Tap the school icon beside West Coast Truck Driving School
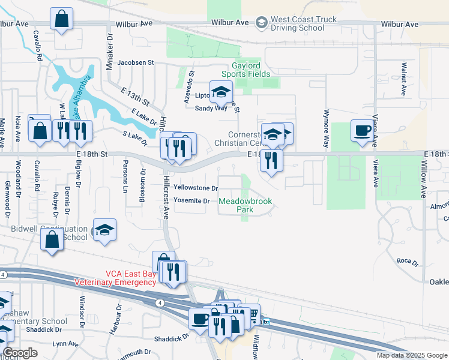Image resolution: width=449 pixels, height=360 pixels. [261, 23]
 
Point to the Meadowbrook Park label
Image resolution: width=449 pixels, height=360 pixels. [244, 205]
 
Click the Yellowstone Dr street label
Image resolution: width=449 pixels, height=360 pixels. [195, 188]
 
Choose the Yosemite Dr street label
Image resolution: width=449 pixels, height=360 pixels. [191, 200]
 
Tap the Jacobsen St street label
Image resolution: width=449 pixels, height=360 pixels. [136, 62]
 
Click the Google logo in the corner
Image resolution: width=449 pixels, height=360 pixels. [20, 353]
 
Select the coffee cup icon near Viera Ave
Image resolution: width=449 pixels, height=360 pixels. [362, 131]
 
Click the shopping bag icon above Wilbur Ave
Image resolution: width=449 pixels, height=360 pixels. [61, 19]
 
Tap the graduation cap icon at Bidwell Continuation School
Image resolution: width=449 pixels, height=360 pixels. [104, 230]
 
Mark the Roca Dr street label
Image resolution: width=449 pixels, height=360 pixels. [406, 260]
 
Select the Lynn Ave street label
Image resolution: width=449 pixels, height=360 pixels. [65, 344]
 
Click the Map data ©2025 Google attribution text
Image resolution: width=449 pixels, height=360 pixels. [411, 355]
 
